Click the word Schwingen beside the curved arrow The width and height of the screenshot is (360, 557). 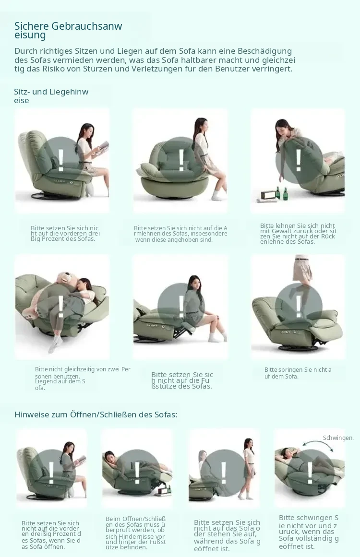338,438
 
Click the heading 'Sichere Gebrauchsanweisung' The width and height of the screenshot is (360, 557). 68,30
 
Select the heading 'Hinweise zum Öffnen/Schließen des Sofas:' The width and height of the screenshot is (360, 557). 96,414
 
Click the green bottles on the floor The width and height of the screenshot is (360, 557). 281,194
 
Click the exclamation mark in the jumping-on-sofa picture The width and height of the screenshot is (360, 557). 299,307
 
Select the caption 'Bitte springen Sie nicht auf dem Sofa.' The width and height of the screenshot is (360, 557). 298,373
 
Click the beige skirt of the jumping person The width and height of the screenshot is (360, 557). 302,270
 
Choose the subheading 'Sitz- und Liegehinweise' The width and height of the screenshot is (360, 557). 51,95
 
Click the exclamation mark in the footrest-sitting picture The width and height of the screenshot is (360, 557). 181,306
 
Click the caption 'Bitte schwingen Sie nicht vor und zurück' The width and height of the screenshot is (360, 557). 309,532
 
